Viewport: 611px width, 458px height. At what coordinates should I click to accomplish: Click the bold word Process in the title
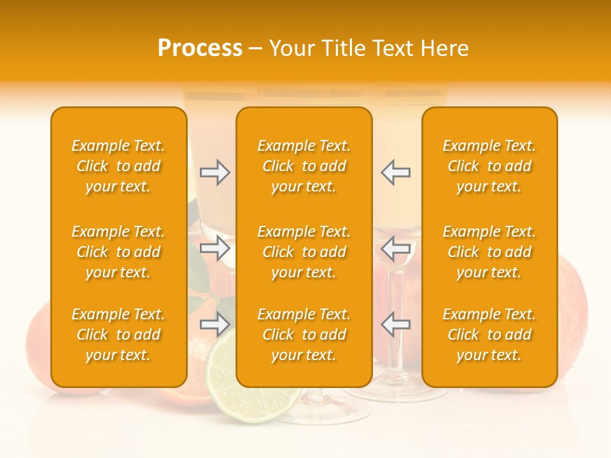pos(200,48)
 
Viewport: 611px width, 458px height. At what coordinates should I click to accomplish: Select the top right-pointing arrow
pos(214,172)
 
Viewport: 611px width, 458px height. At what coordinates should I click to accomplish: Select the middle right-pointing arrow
pos(214,248)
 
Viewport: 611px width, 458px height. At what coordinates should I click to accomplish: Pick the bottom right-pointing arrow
pos(214,324)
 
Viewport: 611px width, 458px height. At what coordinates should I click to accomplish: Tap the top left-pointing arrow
pos(396,172)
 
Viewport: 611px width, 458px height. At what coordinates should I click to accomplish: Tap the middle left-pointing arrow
pos(396,248)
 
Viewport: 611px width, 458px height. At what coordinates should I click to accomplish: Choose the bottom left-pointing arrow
pos(396,324)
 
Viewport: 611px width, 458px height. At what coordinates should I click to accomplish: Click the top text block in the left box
pos(118,166)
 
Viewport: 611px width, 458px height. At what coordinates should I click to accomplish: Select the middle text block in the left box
pos(118,252)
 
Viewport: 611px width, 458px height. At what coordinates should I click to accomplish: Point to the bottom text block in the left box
pos(118,335)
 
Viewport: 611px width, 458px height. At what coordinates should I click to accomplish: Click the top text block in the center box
pos(304,166)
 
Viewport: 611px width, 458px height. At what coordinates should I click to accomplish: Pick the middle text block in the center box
pos(304,252)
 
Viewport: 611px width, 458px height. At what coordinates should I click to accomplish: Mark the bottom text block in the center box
pos(304,335)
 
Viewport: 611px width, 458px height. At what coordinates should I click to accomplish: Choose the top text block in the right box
pos(489,166)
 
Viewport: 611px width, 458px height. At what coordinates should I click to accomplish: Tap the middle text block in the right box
pos(489,252)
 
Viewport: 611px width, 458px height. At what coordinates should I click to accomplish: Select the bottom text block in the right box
pos(489,335)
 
